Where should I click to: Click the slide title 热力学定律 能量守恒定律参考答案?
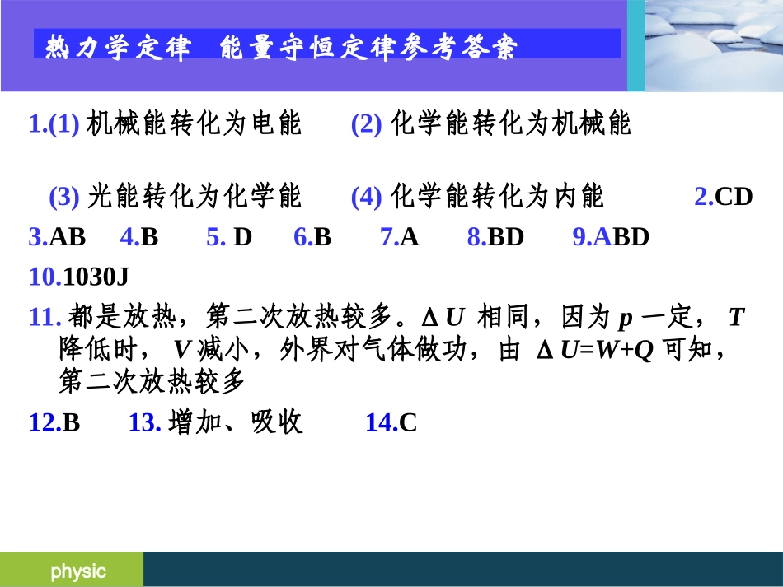(281, 48)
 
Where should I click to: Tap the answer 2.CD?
(723, 197)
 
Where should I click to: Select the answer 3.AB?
(57, 238)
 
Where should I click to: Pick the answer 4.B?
(138, 238)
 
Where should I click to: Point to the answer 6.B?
(312, 238)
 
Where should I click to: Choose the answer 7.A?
(400, 238)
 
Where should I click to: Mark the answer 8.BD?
(495, 238)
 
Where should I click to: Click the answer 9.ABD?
(611, 238)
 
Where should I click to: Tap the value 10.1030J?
(78, 277)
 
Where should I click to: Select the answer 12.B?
(54, 423)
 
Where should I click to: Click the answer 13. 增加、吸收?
(216, 423)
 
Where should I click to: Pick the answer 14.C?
(391, 423)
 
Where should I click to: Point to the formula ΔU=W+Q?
(595, 351)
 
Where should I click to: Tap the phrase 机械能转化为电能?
(195, 124)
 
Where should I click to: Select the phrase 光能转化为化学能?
(195, 197)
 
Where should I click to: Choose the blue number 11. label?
(45, 317)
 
